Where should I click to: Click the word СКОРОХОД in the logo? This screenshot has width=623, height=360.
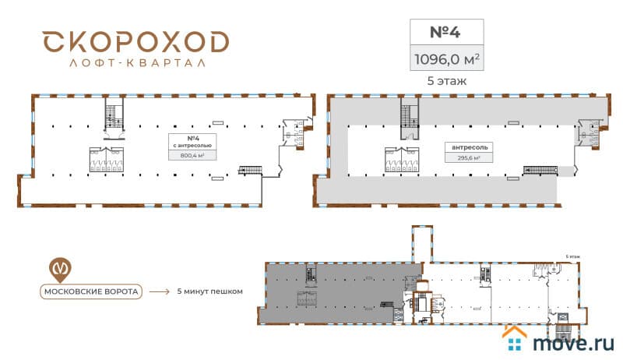(136, 42)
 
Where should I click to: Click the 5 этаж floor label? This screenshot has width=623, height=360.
(446, 79)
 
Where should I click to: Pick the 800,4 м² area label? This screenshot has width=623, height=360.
(191, 155)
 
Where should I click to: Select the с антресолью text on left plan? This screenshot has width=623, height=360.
(191, 146)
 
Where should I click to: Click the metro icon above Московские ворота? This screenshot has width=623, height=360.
(59, 267)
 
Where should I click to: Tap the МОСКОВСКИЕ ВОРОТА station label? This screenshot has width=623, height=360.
(90, 292)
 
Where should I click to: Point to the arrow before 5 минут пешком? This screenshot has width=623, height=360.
(159, 292)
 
